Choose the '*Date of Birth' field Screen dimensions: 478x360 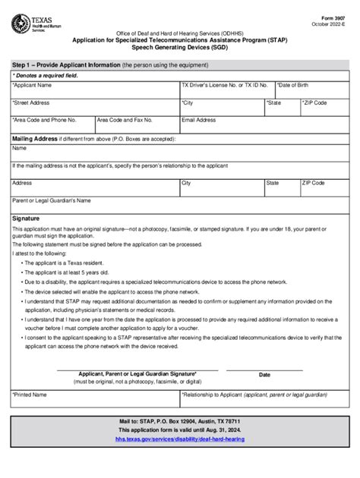[x=297, y=86]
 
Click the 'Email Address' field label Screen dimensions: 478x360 [x=199, y=120]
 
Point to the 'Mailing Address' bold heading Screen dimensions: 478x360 [x=35, y=139]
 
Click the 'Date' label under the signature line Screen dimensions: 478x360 [x=264, y=375]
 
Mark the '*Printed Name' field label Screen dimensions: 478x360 [x=30, y=395]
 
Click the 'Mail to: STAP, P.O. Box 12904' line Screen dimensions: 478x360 [x=180, y=420]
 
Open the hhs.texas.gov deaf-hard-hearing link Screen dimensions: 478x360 [x=180, y=439]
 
